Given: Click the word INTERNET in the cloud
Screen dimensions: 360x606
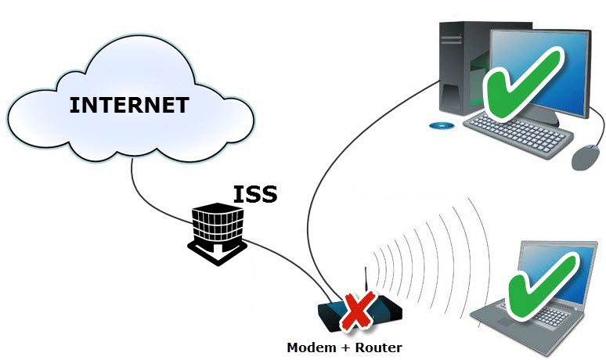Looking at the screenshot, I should (x=128, y=105).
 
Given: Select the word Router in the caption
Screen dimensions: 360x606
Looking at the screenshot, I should (x=378, y=347).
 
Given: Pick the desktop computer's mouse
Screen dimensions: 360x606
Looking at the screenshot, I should (x=585, y=157).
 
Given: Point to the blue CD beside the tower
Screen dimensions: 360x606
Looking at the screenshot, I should (x=441, y=125).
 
